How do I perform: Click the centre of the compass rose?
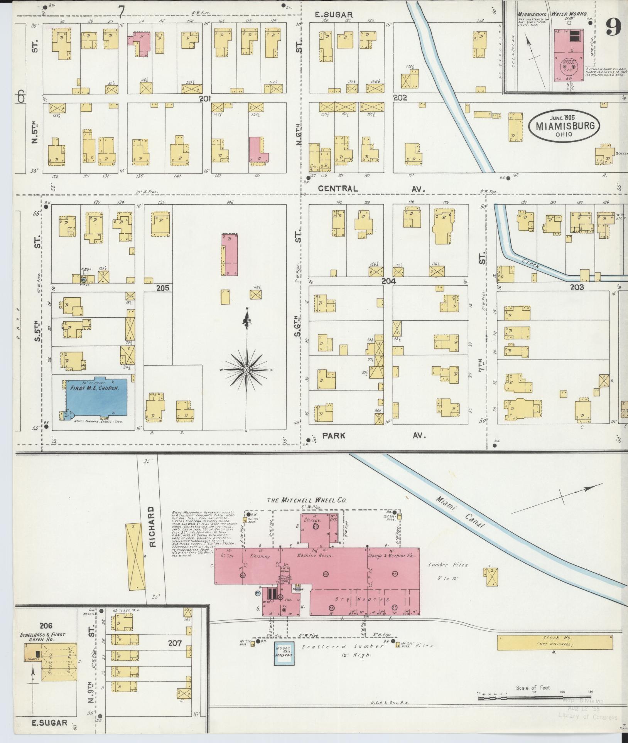246,370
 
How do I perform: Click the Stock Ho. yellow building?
554,643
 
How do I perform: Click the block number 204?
388,281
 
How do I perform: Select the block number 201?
205,99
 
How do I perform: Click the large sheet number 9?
612,27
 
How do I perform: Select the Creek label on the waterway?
531,264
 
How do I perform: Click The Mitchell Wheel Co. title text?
307,500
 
